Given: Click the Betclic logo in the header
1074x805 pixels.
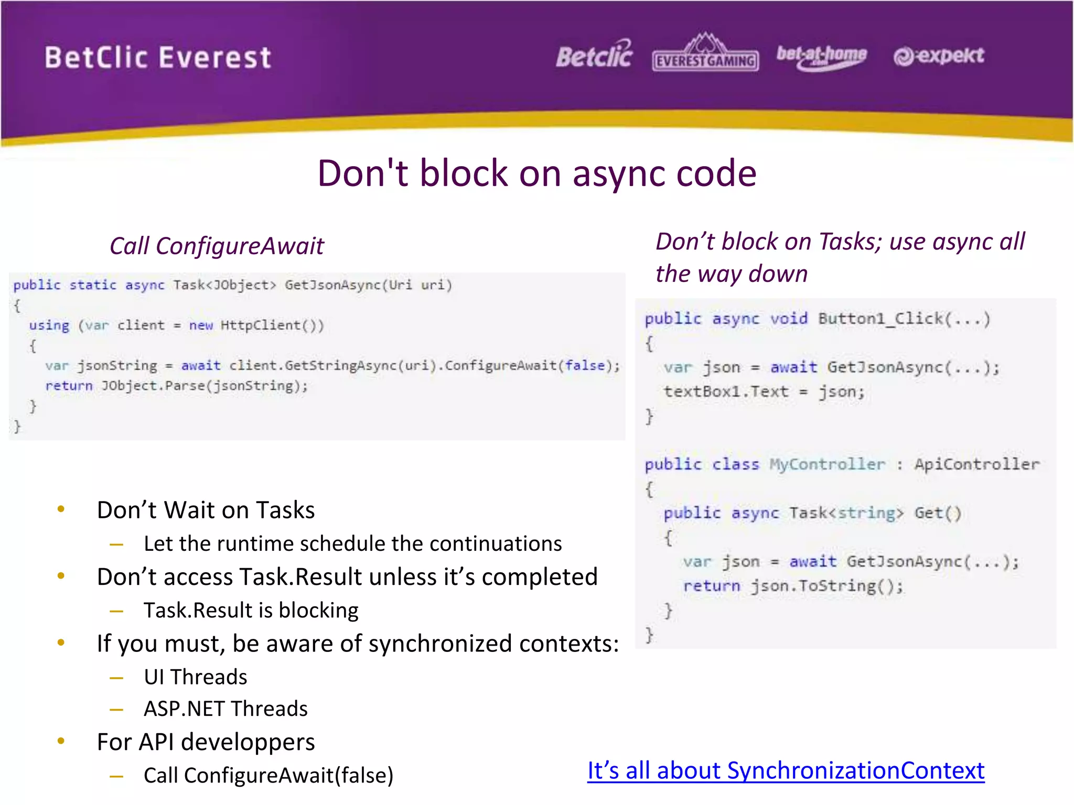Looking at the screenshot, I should (594, 55).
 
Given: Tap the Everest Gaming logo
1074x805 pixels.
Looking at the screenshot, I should (705, 54).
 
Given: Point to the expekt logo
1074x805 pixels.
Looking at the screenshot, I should (939, 56).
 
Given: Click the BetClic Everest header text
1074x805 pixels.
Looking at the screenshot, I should (158, 57).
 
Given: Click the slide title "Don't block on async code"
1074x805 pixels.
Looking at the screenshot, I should (536, 173).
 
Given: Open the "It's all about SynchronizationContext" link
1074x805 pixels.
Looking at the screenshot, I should (786, 770).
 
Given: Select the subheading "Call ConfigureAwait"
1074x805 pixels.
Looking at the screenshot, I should (217, 246).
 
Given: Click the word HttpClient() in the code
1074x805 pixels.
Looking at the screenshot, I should (272, 325).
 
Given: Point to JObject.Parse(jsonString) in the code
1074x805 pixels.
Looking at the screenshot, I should (204, 386).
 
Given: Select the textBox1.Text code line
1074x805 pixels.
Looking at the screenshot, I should (764, 391).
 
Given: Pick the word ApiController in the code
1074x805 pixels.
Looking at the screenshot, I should (976, 464).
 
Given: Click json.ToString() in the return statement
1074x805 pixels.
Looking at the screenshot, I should (826, 586).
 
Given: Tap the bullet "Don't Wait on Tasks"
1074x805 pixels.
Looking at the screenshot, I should (206, 510).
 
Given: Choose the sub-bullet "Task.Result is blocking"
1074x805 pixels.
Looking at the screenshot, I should (251, 611).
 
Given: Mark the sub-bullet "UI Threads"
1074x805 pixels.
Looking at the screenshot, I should (195, 677).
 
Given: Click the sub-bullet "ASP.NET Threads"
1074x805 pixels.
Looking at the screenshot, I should (225, 709).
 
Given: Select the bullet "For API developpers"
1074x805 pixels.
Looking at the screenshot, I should (206, 742).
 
